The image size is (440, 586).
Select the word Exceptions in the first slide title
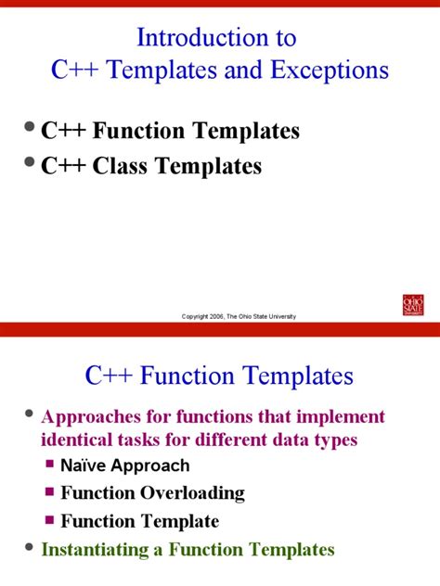pyautogui.click(x=336, y=70)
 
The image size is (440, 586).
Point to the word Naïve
pyautogui.click(x=85, y=465)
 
